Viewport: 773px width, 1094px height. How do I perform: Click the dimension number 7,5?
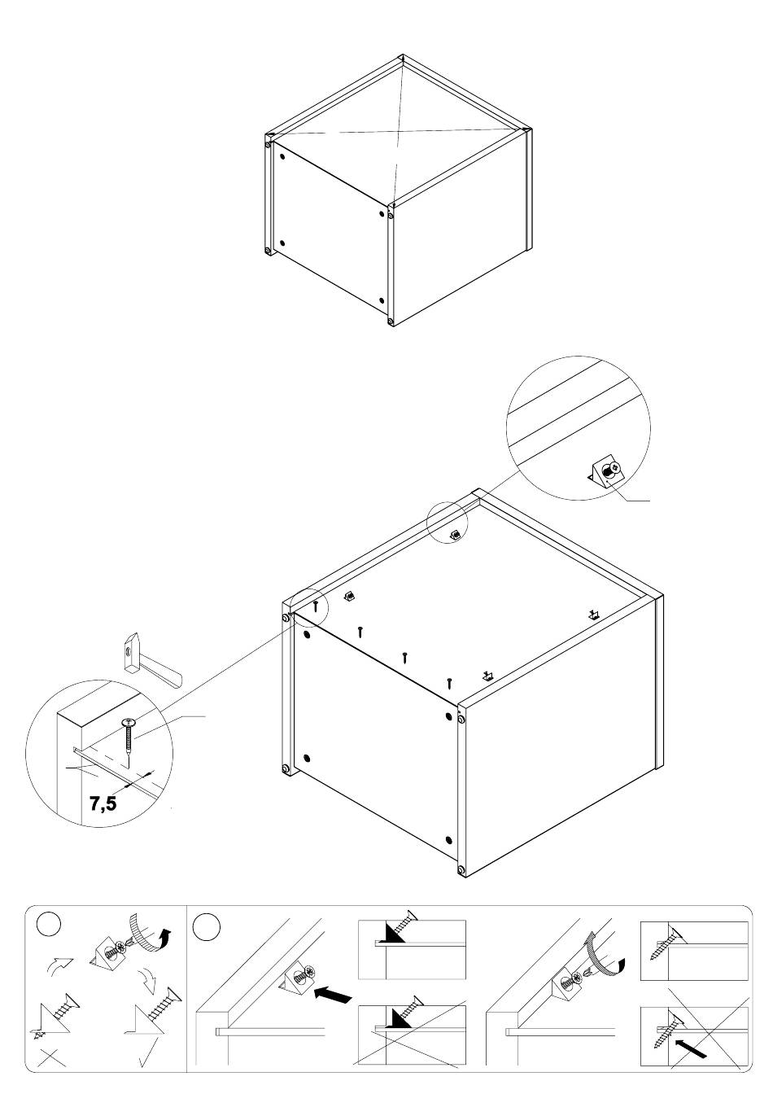click(103, 803)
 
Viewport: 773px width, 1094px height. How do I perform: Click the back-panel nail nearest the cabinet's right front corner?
click(449, 683)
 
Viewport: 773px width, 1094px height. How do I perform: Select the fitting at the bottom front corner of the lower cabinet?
click(461, 870)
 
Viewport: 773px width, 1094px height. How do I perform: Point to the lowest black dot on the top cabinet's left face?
click(382, 300)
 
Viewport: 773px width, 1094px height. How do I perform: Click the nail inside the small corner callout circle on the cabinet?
click(316, 606)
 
